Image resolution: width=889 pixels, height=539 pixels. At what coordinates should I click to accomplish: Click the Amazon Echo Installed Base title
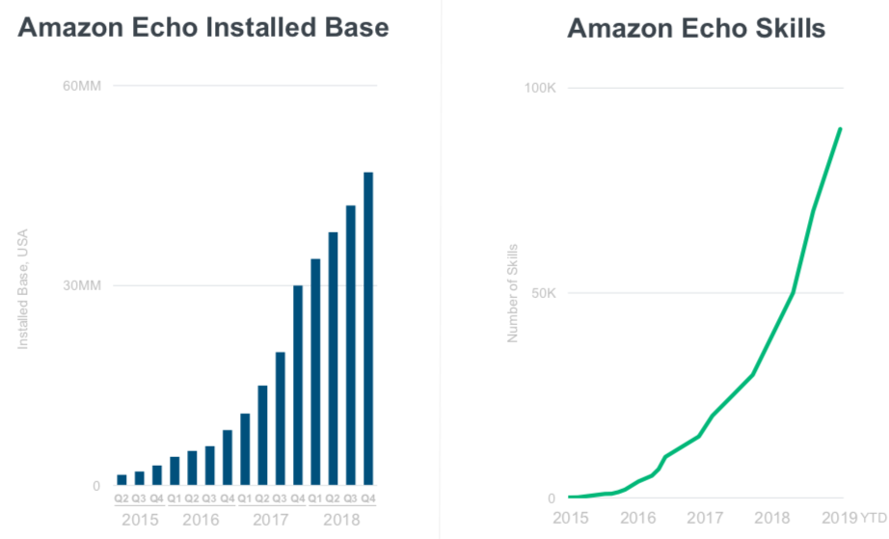click(203, 27)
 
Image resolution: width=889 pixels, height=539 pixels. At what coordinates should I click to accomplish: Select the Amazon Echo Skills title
click(696, 28)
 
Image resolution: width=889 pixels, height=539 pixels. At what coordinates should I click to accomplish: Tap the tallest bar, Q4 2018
click(368, 329)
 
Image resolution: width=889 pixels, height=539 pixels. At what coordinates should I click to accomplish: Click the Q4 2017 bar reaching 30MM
click(298, 386)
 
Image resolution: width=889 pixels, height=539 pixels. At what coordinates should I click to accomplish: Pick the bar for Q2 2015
click(121, 480)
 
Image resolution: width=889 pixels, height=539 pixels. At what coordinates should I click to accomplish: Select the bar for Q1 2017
click(245, 449)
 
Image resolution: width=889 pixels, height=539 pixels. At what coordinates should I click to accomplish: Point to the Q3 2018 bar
click(351, 345)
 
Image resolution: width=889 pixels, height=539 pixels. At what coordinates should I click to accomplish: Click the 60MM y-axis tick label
click(82, 86)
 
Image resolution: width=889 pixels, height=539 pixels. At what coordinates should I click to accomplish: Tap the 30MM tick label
click(82, 285)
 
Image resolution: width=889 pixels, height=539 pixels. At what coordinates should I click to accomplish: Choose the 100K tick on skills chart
click(540, 88)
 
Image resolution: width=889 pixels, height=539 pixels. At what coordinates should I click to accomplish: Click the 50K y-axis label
click(544, 293)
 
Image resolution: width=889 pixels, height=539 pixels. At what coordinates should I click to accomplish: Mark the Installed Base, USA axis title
click(23, 289)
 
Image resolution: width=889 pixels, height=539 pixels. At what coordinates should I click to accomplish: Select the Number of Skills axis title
click(513, 293)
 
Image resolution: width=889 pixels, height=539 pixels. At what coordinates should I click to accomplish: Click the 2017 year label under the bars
click(270, 520)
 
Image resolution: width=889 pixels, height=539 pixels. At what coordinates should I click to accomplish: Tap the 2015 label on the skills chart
click(571, 518)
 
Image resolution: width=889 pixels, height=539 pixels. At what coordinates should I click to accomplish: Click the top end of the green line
click(840, 129)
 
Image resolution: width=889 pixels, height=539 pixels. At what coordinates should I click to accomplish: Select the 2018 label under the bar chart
click(341, 520)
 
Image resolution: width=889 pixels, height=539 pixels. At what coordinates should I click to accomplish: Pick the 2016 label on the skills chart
click(638, 518)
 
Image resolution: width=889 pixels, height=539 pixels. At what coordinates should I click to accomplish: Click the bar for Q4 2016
click(228, 458)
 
